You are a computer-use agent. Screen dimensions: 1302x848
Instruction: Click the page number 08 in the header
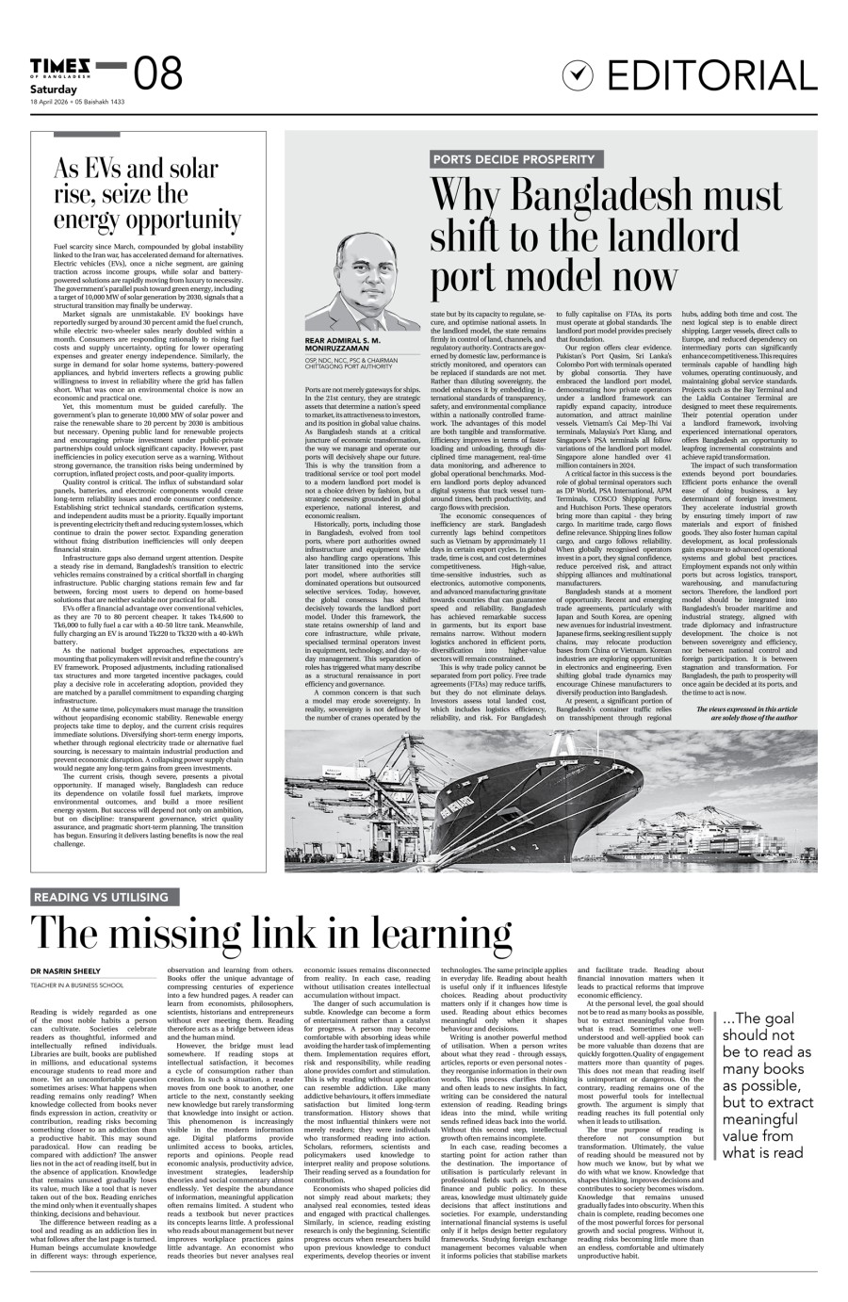point(159,73)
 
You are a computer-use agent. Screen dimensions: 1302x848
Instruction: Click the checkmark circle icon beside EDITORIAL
point(580,74)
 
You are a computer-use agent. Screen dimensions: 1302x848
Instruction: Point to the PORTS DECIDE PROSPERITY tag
point(514,160)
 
